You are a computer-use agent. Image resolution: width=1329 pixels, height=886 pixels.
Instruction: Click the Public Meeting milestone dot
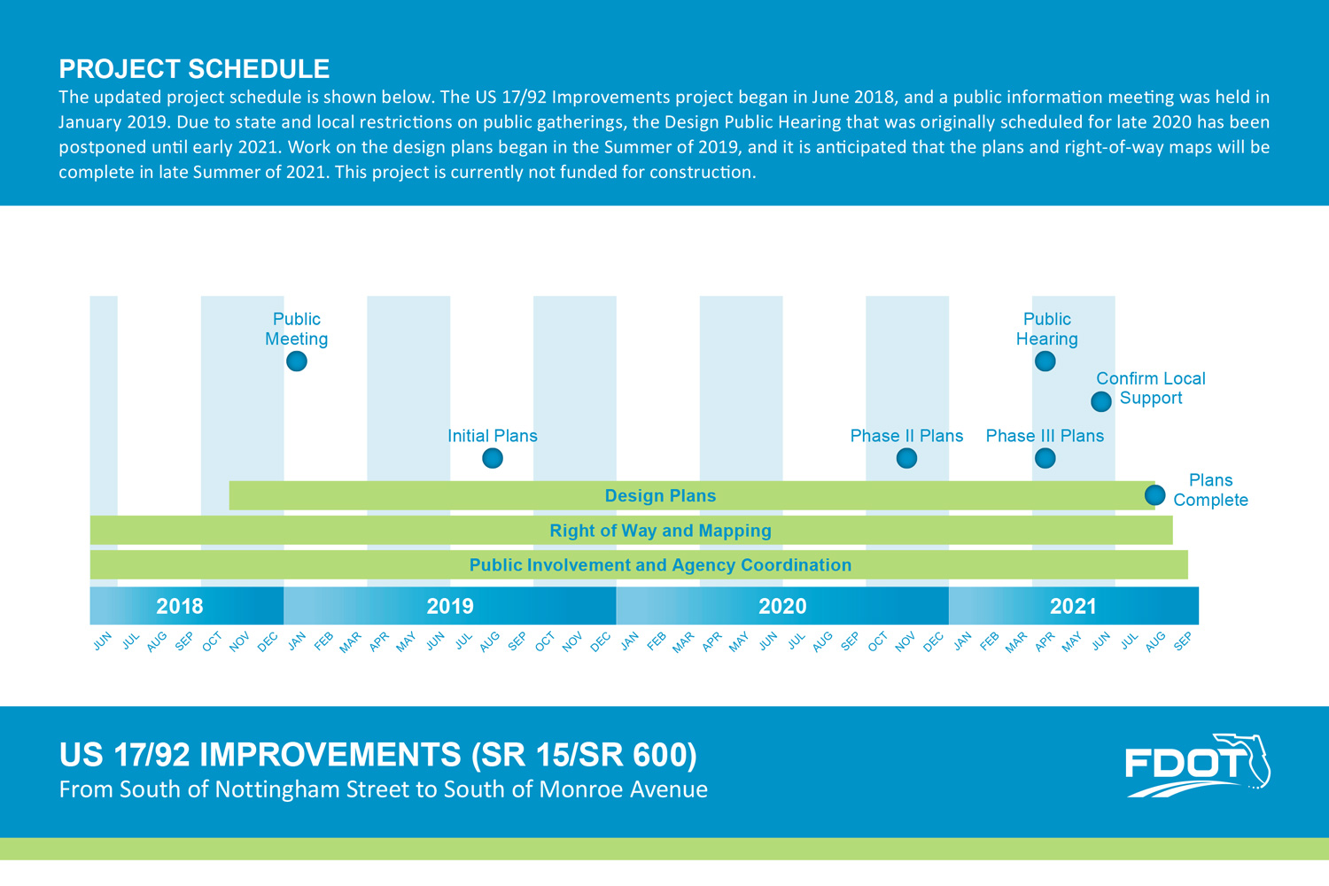point(297,361)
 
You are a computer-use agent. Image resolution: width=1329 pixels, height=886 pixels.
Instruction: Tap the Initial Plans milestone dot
point(493,458)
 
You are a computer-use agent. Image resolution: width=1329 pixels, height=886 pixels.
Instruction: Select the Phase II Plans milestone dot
point(906,458)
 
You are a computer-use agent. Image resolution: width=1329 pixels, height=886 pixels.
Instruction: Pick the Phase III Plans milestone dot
point(1045,458)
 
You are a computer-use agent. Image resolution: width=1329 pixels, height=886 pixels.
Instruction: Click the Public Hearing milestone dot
point(1045,361)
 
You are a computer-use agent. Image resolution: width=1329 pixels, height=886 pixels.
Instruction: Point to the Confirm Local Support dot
point(1101,401)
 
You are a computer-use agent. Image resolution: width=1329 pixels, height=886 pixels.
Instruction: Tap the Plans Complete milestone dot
point(1154,494)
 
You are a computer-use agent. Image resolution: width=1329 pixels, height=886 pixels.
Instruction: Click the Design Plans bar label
point(660,496)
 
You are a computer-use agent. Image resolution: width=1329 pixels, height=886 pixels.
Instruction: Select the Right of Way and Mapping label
point(660,531)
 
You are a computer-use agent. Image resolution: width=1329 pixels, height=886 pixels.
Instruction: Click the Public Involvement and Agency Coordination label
point(660,565)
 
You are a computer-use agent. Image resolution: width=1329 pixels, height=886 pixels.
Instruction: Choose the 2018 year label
point(180,606)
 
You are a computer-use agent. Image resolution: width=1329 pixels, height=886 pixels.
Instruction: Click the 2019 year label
point(450,606)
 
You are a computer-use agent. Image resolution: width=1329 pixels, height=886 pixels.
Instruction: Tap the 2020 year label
point(782,606)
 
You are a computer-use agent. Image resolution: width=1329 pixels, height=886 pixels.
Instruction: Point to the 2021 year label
point(1073,606)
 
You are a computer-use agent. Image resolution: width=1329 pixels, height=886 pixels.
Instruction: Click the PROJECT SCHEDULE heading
point(194,69)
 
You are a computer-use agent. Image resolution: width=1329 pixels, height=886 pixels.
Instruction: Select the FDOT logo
point(1197,765)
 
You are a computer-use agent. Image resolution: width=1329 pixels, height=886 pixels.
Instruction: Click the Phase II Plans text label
point(906,436)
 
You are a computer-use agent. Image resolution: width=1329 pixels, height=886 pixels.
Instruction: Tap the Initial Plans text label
point(493,436)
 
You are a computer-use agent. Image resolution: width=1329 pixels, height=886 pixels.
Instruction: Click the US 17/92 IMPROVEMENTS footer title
point(377,755)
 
